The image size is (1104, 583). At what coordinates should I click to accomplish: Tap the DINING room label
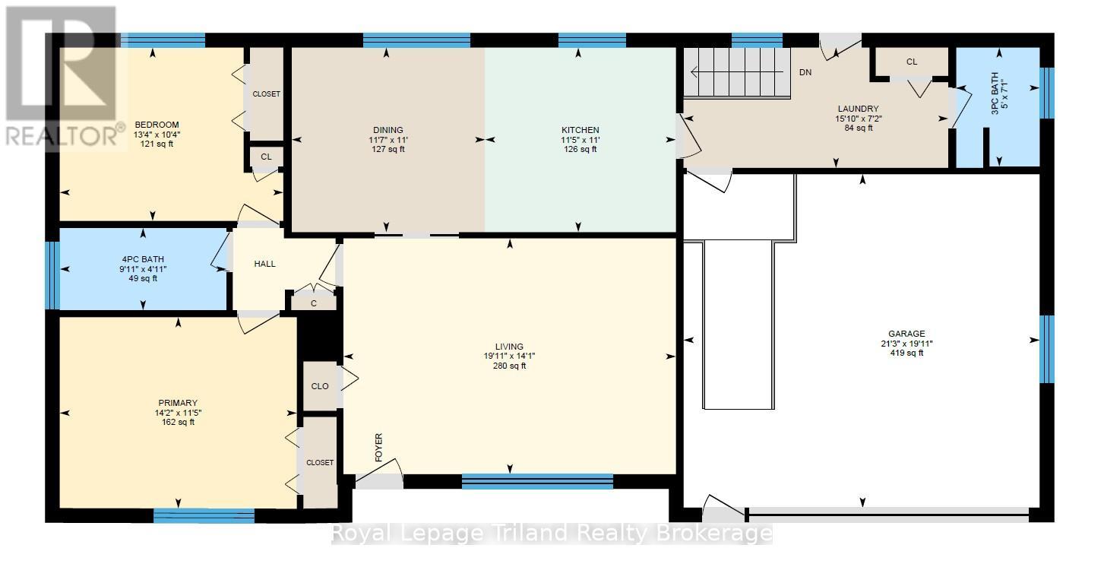(x=388, y=130)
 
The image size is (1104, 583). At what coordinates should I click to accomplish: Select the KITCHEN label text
(x=580, y=130)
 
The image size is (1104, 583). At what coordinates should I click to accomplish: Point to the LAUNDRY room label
(x=859, y=109)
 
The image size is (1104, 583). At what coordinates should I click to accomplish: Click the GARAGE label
(x=906, y=334)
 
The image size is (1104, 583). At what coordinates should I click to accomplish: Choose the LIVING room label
(x=509, y=347)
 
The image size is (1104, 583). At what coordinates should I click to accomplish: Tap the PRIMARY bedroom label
(x=178, y=403)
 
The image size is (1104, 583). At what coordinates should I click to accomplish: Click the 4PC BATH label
(x=143, y=258)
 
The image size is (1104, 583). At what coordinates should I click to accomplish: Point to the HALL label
(x=264, y=264)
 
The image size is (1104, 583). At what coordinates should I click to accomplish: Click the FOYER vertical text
(x=378, y=448)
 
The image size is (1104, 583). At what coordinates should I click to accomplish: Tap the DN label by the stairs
(x=805, y=73)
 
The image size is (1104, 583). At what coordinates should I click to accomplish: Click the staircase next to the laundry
(x=737, y=73)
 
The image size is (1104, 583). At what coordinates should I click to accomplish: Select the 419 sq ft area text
(x=906, y=353)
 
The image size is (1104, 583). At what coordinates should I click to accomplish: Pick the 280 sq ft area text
(x=509, y=366)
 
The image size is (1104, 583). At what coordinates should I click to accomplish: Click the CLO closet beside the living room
(x=320, y=386)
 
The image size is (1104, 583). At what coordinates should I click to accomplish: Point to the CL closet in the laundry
(x=912, y=62)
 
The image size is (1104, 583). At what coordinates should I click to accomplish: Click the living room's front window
(x=537, y=480)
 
